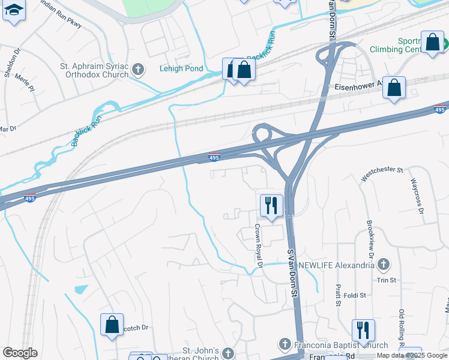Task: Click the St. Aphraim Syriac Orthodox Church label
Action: pos(94,71)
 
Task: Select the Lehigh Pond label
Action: pos(181,68)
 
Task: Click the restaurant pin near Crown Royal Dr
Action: pos(271,206)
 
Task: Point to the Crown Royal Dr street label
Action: pos(259,246)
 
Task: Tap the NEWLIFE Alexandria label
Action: pos(337,265)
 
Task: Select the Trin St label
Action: pos(386,280)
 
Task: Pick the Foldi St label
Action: pos(355,295)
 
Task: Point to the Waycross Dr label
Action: pos(417,196)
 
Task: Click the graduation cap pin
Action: pos(14,11)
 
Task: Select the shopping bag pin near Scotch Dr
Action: pos(112,325)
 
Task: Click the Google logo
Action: pos(20,353)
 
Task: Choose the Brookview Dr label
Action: pos(370,239)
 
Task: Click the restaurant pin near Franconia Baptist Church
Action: pos(363,331)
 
